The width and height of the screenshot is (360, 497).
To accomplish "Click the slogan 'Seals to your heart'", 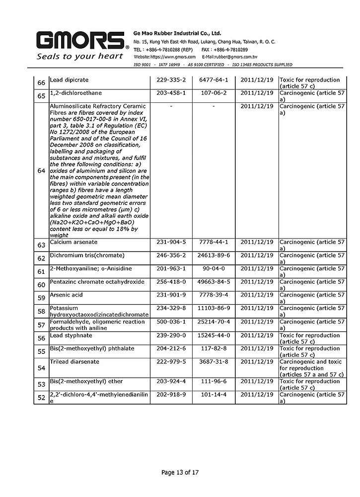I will [x=79, y=56].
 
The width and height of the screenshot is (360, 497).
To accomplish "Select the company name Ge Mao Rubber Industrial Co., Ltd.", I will [x=181, y=32].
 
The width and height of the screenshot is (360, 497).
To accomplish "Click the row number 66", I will [x=41, y=83].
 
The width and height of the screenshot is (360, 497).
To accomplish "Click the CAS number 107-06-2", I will [x=213, y=93].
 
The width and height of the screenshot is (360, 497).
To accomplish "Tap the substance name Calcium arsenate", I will [x=73, y=242].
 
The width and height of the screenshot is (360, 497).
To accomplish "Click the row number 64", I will [x=41, y=171].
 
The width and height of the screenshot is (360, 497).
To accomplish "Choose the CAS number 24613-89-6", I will [x=214, y=255].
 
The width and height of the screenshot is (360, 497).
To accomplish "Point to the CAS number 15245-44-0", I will [x=214, y=335].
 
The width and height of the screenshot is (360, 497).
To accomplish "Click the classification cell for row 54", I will [x=311, y=368].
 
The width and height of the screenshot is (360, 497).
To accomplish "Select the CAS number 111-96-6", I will [x=213, y=382].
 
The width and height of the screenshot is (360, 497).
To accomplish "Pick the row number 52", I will [x=41, y=398].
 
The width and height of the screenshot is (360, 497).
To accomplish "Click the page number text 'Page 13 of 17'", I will [x=180, y=473].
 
